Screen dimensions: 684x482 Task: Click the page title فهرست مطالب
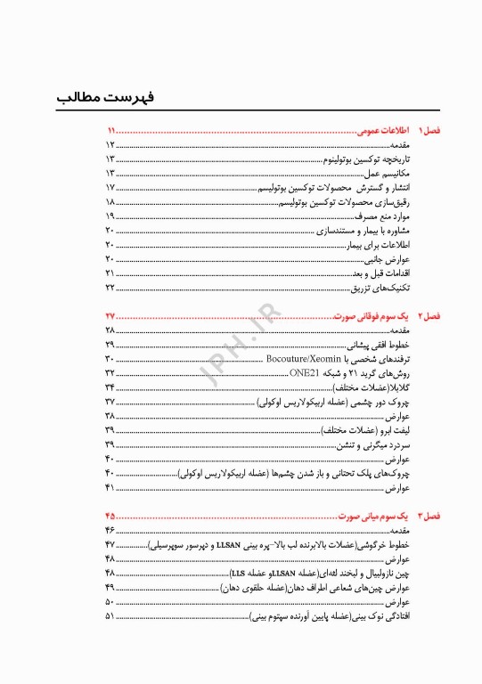[x=93, y=95]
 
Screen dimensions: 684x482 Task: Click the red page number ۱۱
[x=111, y=130]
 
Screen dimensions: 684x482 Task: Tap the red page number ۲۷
[x=111, y=316]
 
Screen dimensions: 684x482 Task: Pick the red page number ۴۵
[x=111, y=517]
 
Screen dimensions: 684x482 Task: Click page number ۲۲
[x=110, y=289]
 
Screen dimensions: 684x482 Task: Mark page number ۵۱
[x=110, y=616]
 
